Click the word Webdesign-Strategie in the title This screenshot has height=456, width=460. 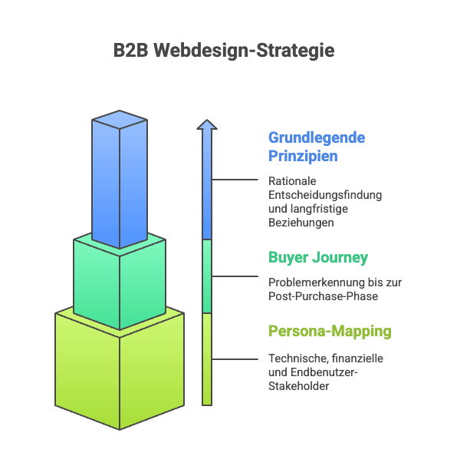pos(244,51)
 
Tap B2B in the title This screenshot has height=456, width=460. pos(130,51)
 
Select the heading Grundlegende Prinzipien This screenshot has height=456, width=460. pos(316,147)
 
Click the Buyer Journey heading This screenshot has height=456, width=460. pos(317,257)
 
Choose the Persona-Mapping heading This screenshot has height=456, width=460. pos(330,332)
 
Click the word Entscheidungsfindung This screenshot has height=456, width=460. pos(325,195)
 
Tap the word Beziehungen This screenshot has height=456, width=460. pos(301,223)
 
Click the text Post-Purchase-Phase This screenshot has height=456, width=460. pos(322,296)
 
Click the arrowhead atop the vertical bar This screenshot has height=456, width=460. pos(206,124)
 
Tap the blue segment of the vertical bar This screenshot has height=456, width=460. pos(206,184)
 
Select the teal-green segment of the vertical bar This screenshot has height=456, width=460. pos(206,276)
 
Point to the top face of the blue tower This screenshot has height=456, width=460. pos(119,119)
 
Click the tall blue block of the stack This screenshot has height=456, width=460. pos(119,184)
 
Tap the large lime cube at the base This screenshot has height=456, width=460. pos(119,368)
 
